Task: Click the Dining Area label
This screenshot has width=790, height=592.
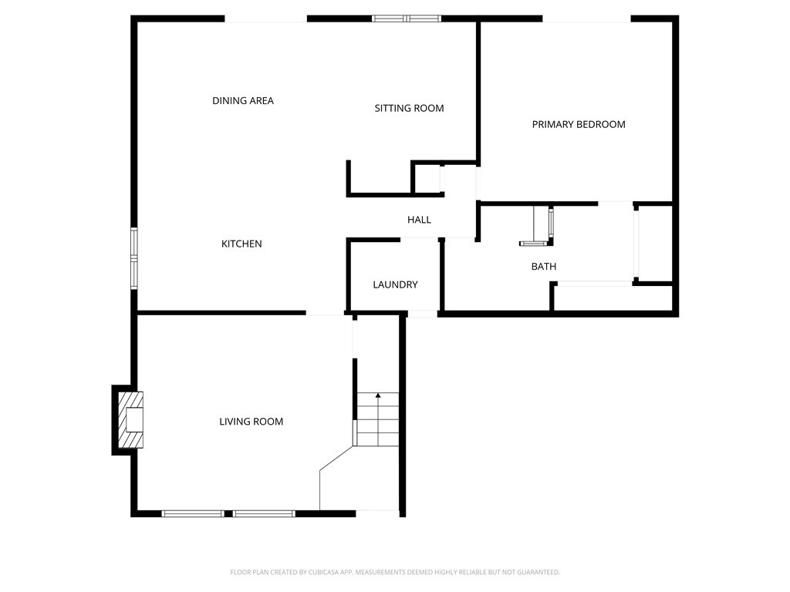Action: pyautogui.click(x=242, y=101)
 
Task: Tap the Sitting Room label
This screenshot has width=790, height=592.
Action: pyautogui.click(x=409, y=109)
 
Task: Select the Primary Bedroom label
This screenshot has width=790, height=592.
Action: pyautogui.click(x=578, y=124)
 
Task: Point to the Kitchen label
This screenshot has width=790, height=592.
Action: pyautogui.click(x=241, y=244)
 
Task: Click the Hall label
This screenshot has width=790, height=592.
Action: pyautogui.click(x=419, y=220)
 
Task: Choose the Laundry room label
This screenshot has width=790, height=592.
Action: pyautogui.click(x=395, y=285)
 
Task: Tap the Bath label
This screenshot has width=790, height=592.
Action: pyautogui.click(x=543, y=267)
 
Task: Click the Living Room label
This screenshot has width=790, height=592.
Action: pyautogui.click(x=251, y=422)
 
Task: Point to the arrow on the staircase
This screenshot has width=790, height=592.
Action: pyautogui.click(x=378, y=396)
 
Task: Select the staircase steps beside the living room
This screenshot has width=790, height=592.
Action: pyautogui.click(x=377, y=420)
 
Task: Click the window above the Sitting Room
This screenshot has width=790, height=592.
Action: pyautogui.click(x=407, y=18)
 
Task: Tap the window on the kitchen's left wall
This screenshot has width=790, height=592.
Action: pyautogui.click(x=133, y=257)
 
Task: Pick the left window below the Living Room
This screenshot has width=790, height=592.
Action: pyautogui.click(x=193, y=513)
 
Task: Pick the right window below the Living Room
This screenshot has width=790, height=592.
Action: pyautogui.click(x=264, y=513)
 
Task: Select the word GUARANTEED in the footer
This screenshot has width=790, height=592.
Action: pyautogui.click(x=535, y=572)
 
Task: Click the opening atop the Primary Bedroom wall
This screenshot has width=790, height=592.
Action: pyautogui.click(x=586, y=18)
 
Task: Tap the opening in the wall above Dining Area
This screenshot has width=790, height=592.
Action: pyautogui.click(x=266, y=18)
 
